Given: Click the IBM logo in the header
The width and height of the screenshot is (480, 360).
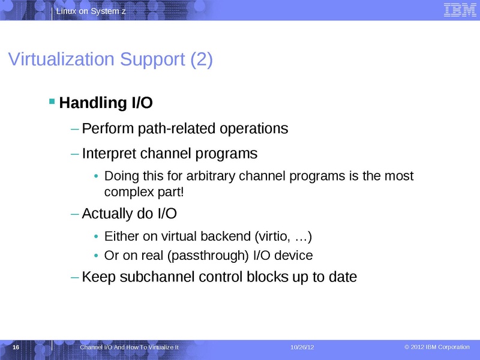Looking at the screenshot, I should [x=456, y=10].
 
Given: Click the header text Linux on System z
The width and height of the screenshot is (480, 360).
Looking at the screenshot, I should [x=92, y=12].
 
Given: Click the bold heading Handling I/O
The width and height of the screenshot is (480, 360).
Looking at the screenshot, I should [x=106, y=103].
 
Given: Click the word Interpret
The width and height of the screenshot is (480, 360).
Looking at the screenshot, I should [x=109, y=154].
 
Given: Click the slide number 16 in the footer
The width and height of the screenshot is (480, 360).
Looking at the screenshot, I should [x=16, y=348].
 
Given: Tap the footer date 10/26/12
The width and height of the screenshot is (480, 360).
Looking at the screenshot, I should [x=302, y=348].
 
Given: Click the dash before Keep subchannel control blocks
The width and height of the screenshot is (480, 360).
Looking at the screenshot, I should [x=74, y=277].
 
